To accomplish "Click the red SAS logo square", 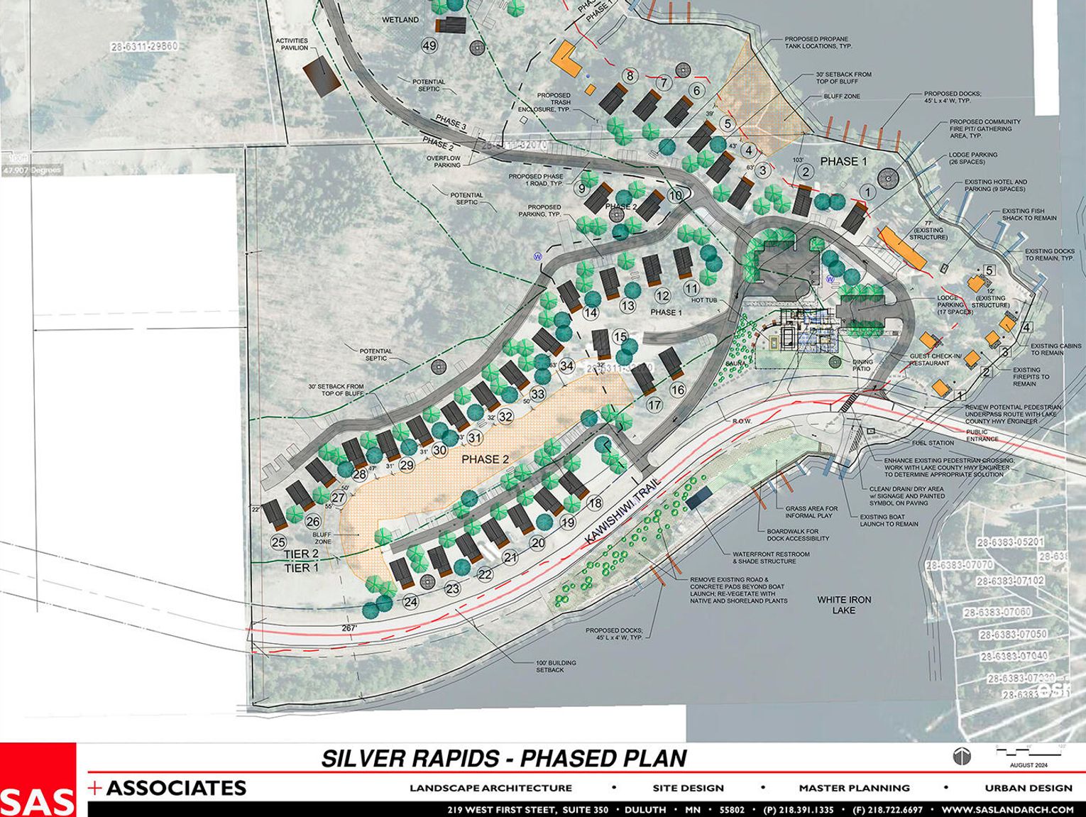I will [38, 779].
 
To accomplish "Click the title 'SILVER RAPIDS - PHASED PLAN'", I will [504, 758].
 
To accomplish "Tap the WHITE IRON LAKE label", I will [844, 605].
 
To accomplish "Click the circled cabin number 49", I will [429, 46].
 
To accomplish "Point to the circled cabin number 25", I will [279, 542].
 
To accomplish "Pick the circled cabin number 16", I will [677, 389].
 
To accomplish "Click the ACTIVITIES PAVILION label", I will [292, 44].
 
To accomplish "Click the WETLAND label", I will [400, 20].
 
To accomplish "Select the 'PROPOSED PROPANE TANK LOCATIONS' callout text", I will [818, 43].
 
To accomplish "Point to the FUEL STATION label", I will [933, 443].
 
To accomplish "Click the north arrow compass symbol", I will [958, 756].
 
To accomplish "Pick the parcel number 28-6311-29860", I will [144, 47].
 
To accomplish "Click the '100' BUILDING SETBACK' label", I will [556, 666].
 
